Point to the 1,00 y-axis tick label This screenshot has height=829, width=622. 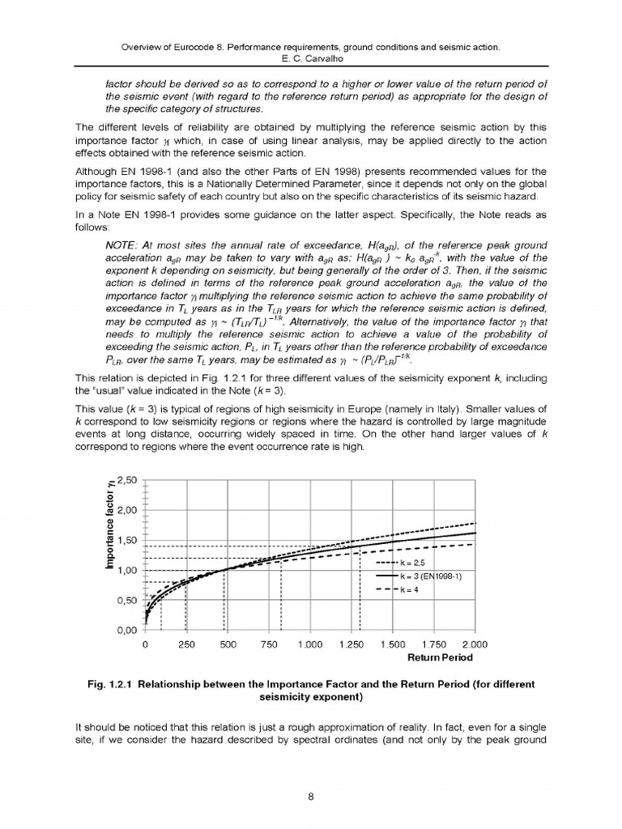pyautogui.click(x=130, y=571)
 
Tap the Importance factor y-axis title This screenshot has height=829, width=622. pyautogui.click(x=111, y=525)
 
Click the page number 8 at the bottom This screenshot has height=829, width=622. pyautogui.click(x=311, y=797)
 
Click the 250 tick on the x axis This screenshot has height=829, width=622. pyautogui.click(x=185, y=645)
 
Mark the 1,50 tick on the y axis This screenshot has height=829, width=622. pyautogui.click(x=130, y=541)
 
